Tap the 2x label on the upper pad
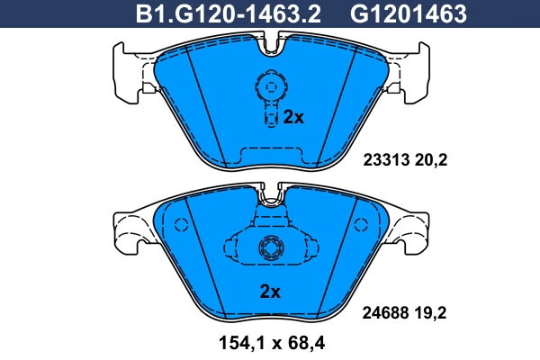tap(294, 117)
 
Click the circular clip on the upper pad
tap(269, 87)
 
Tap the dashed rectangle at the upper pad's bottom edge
tap(270, 151)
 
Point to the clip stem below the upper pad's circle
tap(269, 114)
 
